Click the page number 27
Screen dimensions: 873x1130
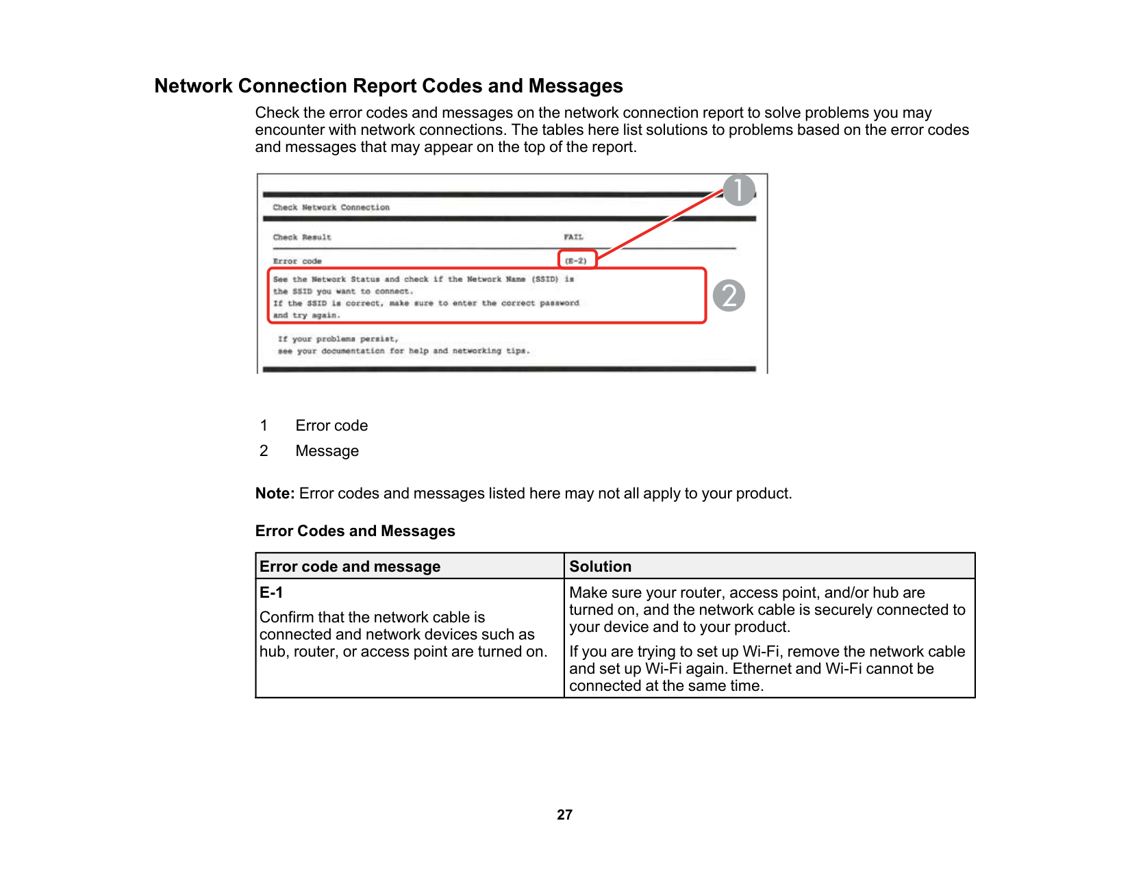pos(564,814)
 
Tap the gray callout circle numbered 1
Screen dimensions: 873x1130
pos(739,190)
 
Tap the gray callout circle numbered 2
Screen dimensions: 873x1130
pos(729,296)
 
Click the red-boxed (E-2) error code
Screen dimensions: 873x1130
pos(577,261)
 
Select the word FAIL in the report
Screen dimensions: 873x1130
pos(573,237)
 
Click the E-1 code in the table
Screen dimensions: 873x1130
pos(271,592)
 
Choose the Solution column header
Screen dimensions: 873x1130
pos(600,566)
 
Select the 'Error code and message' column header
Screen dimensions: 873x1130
pos(350,566)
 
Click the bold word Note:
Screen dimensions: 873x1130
pos(275,493)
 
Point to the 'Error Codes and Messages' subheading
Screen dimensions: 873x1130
pos(355,531)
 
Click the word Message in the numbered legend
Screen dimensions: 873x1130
pos(327,451)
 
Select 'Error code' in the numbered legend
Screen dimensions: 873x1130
pos(331,425)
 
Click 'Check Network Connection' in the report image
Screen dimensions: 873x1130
pos(331,207)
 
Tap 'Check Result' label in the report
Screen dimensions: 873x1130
pos(302,237)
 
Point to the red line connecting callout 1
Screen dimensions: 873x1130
pos(657,226)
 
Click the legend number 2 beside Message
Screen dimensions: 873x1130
pos(264,451)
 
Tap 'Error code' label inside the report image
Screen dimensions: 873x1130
pos(297,261)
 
